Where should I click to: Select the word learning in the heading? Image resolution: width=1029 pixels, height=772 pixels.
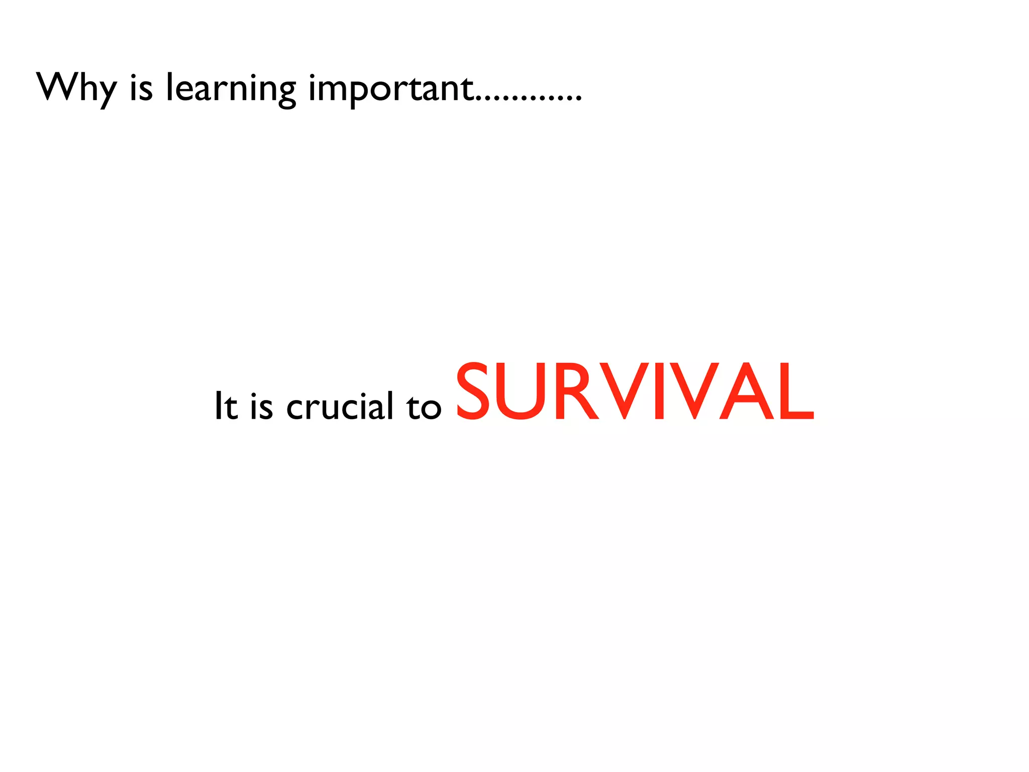pyautogui.click(x=231, y=88)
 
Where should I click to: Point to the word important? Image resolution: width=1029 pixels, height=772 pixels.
pyautogui.click(x=391, y=88)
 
